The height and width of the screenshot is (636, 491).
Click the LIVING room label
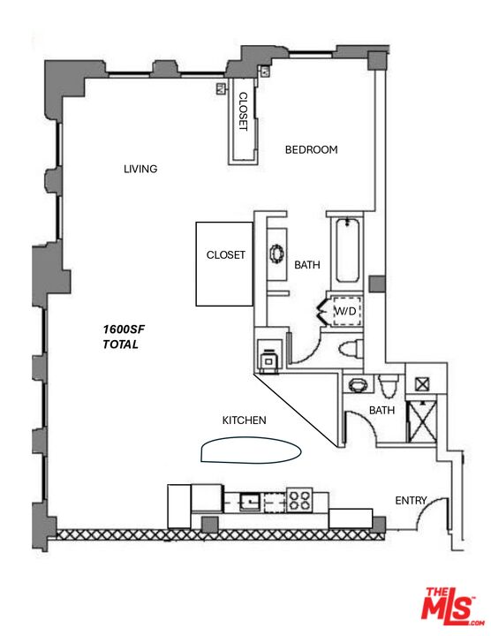click(140, 169)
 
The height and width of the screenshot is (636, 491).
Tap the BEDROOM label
click(311, 149)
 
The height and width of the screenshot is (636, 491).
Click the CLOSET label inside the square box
click(225, 254)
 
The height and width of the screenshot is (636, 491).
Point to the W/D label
click(344, 312)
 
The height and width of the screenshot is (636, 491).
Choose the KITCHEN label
click(244, 420)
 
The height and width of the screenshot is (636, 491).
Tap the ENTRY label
click(411, 501)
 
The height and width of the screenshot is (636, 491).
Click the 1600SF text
click(123, 329)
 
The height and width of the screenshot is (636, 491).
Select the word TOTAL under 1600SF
click(120, 344)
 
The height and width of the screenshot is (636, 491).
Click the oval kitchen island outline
click(251, 450)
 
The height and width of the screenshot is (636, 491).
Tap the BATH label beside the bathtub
click(306, 264)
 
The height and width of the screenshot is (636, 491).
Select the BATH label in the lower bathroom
click(381, 410)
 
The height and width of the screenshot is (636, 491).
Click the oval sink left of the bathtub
click(276, 254)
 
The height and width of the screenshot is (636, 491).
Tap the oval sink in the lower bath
click(357, 385)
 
